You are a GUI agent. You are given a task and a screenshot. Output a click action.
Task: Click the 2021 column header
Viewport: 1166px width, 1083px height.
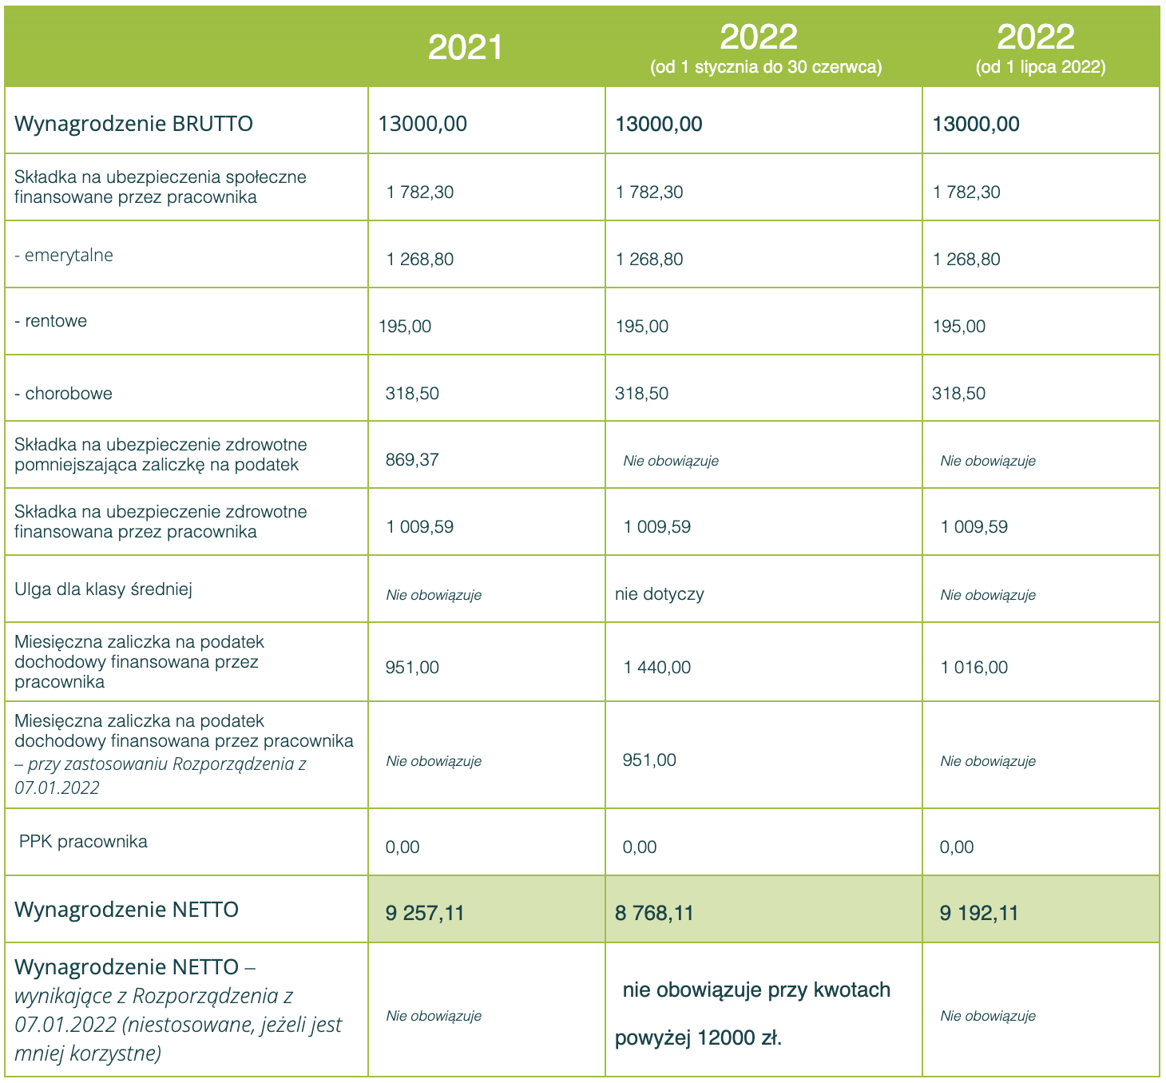[x=466, y=48]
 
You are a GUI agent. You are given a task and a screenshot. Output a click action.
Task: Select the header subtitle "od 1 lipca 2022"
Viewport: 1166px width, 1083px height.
[x=1041, y=68]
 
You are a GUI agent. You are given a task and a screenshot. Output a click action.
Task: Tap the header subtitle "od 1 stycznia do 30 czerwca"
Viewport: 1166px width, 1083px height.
[x=766, y=68]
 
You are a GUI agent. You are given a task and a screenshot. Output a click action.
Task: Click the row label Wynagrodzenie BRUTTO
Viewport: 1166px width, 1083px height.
[x=133, y=124]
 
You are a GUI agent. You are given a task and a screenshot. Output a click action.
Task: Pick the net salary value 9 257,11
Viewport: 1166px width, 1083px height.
[x=424, y=913]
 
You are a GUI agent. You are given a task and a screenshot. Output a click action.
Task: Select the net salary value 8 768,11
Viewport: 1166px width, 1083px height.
[x=654, y=913]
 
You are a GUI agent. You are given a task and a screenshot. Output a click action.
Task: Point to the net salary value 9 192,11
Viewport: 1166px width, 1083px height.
[x=979, y=913]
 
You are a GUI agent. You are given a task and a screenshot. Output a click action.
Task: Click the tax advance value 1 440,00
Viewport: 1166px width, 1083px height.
[x=657, y=668]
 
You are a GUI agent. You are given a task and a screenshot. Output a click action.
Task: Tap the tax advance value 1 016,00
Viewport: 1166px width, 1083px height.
[x=974, y=668]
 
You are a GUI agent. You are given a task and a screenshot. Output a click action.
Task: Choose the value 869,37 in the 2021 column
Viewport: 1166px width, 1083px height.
[x=412, y=460]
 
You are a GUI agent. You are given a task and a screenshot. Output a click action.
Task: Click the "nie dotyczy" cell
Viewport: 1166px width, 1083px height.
[x=660, y=594]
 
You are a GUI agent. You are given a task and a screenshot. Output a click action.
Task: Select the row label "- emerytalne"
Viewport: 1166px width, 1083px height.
[x=64, y=256]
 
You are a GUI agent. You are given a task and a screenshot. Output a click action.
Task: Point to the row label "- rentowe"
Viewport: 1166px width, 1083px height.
[x=51, y=321]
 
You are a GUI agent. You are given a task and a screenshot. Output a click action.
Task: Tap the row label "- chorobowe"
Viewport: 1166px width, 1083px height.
[x=64, y=393]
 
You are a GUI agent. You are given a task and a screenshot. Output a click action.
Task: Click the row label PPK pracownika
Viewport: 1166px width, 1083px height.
[x=83, y=842]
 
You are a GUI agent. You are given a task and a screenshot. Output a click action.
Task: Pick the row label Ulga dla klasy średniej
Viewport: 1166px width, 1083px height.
[x=103, y=589]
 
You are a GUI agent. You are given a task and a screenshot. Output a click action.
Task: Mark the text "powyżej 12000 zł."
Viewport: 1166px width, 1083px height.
[x=698, y=1038]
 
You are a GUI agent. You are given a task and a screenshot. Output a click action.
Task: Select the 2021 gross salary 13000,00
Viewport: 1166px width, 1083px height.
[x=422, y=124]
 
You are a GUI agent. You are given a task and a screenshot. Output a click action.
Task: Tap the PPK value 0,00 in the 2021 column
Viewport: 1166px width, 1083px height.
[x=403, y=847]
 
